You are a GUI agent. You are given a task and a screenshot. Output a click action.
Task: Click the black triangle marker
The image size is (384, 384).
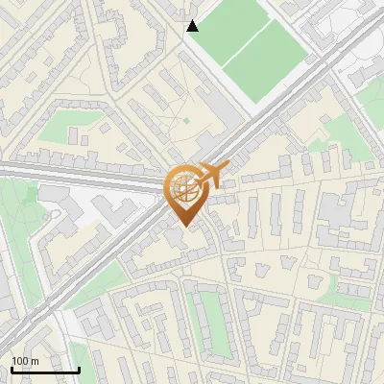tap(193, 26)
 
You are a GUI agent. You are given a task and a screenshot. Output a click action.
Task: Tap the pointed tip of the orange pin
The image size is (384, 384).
tap(182, 227)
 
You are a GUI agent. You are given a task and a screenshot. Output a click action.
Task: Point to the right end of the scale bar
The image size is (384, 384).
tap(79, 369)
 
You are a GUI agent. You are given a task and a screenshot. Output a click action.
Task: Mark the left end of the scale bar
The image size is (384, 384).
tap(12, 369)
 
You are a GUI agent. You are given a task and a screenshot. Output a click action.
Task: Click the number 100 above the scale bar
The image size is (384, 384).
tap(20, 360)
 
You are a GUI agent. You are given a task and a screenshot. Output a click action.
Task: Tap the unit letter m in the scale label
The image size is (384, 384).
tap(35, 360)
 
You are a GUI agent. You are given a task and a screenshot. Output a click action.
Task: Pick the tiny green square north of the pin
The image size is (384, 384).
tap(186, 121)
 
